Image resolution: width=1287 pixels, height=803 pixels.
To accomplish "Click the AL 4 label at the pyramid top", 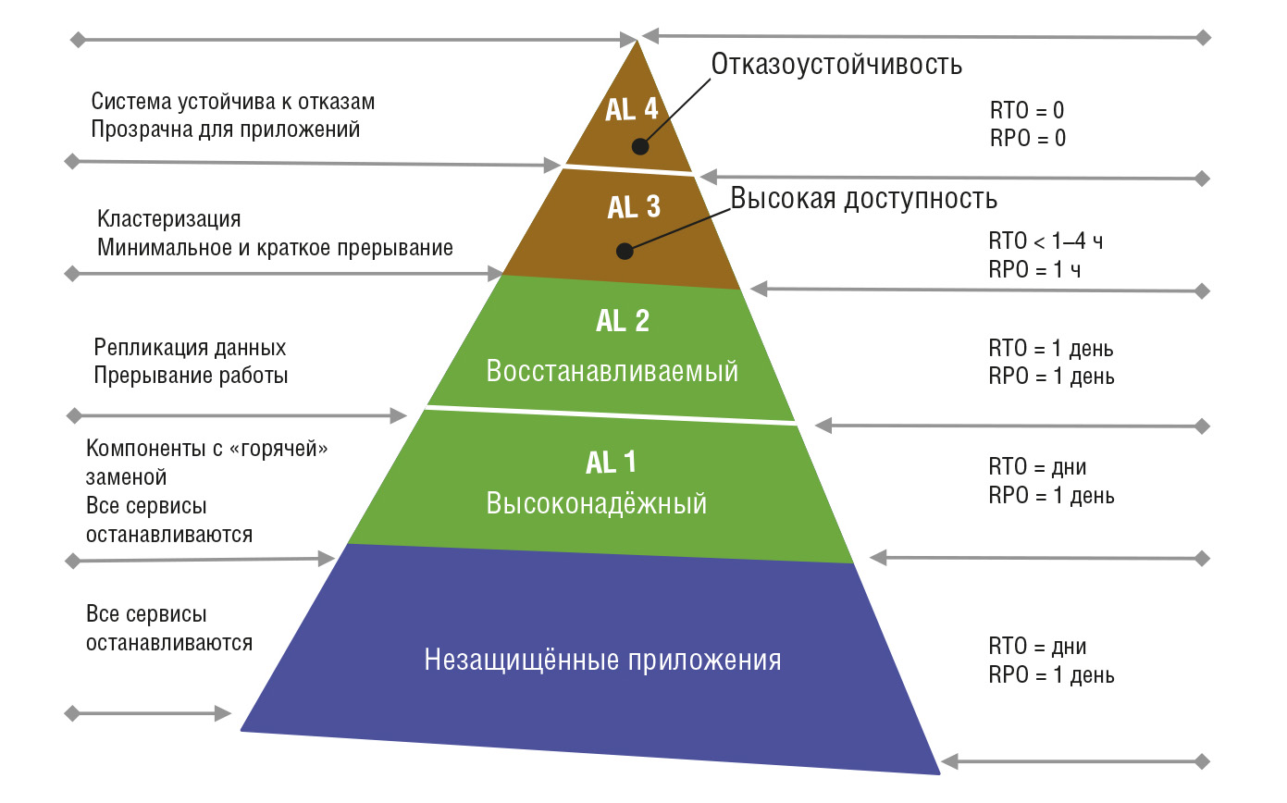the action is coord(631,109).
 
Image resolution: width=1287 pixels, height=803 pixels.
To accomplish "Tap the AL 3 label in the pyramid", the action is coord(634,207).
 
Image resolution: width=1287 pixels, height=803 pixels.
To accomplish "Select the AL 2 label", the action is coord(623,320).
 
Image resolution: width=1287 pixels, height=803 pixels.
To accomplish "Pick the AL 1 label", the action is coord(611,463).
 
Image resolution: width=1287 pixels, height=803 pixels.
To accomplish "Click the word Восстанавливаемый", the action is coord(612,371).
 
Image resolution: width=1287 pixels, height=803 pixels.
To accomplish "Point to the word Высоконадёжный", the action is coord(597,503).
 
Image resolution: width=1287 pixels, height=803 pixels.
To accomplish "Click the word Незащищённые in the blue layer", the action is coord(522,660).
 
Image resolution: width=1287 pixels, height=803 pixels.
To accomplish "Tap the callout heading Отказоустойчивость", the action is coord(836,64).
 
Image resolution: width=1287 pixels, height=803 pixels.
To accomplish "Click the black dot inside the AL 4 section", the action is coord(640,146).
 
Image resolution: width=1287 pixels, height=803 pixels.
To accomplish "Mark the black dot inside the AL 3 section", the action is coord(625,251).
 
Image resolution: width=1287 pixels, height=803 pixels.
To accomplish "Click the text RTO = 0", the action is coord(1027,110).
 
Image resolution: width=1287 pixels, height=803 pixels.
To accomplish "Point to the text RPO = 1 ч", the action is coord(1034,269).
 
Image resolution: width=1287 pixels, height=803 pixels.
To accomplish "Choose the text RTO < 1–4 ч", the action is coord(1046,241).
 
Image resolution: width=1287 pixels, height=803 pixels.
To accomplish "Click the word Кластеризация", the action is coord(169,219).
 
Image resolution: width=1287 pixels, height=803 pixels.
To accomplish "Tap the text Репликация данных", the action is coord(190,348).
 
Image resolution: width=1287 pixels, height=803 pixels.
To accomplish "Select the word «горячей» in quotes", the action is coord(278,449).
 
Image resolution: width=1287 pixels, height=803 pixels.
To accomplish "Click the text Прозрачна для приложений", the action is coord(225,130).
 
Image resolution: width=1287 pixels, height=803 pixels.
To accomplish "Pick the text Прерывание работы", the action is coord(191,376).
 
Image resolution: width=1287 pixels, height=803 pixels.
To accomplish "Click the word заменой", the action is coord(127,477).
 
